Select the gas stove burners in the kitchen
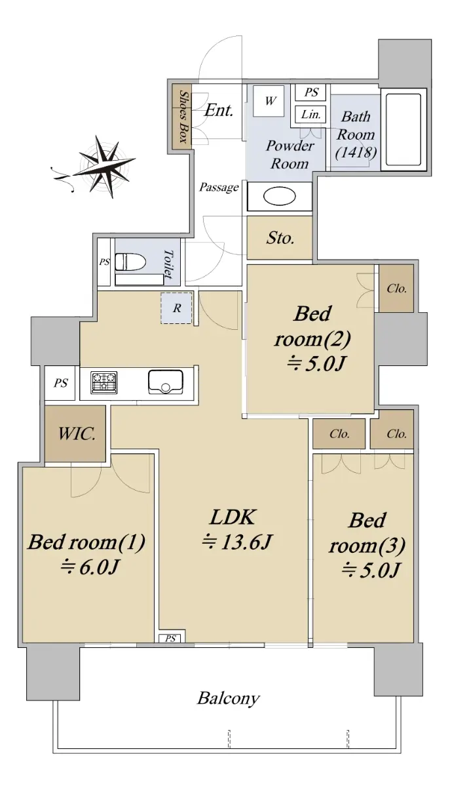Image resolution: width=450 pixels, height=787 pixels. click(104, 382)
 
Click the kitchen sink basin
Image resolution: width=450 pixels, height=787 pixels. click(166, 382)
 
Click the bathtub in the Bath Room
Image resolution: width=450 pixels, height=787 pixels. click(403, 130)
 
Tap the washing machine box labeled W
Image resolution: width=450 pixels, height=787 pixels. click(269, 101)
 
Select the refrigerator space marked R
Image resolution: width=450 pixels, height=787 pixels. click(177, 308)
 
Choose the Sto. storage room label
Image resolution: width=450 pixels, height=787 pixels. click(280, 238)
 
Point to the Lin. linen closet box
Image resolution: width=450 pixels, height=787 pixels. click(310, 114)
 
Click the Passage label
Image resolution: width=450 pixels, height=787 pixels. click(219, 188)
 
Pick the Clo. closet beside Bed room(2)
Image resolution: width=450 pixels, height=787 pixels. click(396, 289)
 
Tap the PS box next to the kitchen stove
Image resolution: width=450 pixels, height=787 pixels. click(60, 383)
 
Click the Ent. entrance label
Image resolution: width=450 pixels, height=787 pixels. click(219, 110)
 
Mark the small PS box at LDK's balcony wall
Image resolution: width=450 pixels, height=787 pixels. click(170, 638)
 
